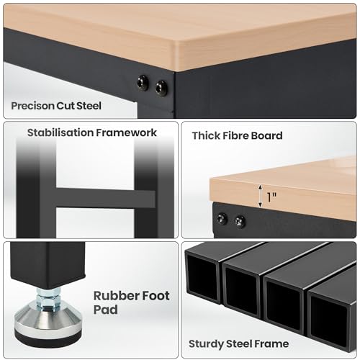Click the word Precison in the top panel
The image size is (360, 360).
32,106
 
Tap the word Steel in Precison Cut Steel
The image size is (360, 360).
89,106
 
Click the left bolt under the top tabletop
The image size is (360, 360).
143,83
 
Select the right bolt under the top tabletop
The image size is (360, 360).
161,88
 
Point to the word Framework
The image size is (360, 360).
126,132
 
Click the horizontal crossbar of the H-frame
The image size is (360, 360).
105,198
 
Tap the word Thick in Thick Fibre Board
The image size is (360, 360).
206,135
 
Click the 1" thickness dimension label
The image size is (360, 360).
271,197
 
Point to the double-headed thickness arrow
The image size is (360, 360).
260,196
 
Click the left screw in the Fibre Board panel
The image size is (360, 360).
222,219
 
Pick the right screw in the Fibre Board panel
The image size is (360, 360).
240,221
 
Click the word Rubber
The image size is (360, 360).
116,296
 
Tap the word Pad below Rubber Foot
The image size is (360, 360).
106,310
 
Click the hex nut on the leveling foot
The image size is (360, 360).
48,301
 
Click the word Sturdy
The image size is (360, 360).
206,344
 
